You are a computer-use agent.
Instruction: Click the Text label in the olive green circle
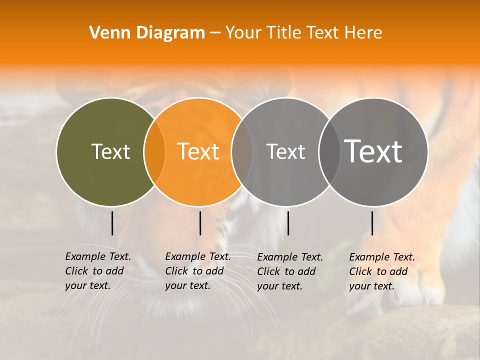tap(110, 151)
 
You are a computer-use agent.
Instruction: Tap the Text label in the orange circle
tap(198, 151)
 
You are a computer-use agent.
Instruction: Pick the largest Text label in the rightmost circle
tap(373, 151)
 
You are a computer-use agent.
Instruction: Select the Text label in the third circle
tap(285, 151)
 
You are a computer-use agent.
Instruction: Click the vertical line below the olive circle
tap(112, 223)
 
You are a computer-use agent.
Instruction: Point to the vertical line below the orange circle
tap(200, 223)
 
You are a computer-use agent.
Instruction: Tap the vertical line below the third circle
tap(288, 223)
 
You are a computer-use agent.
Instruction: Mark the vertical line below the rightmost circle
tap(372, 223)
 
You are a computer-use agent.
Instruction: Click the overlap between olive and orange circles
tap(154, 151)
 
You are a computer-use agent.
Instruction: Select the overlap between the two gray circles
tap(329, 151)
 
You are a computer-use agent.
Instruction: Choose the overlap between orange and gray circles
tap(242, 151)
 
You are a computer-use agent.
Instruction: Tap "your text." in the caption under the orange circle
tap(187, 285)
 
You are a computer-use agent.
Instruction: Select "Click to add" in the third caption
tap(286, 271)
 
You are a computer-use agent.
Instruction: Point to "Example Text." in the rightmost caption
tap(382, 257)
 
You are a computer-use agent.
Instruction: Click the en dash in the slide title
tap(215, 33)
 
